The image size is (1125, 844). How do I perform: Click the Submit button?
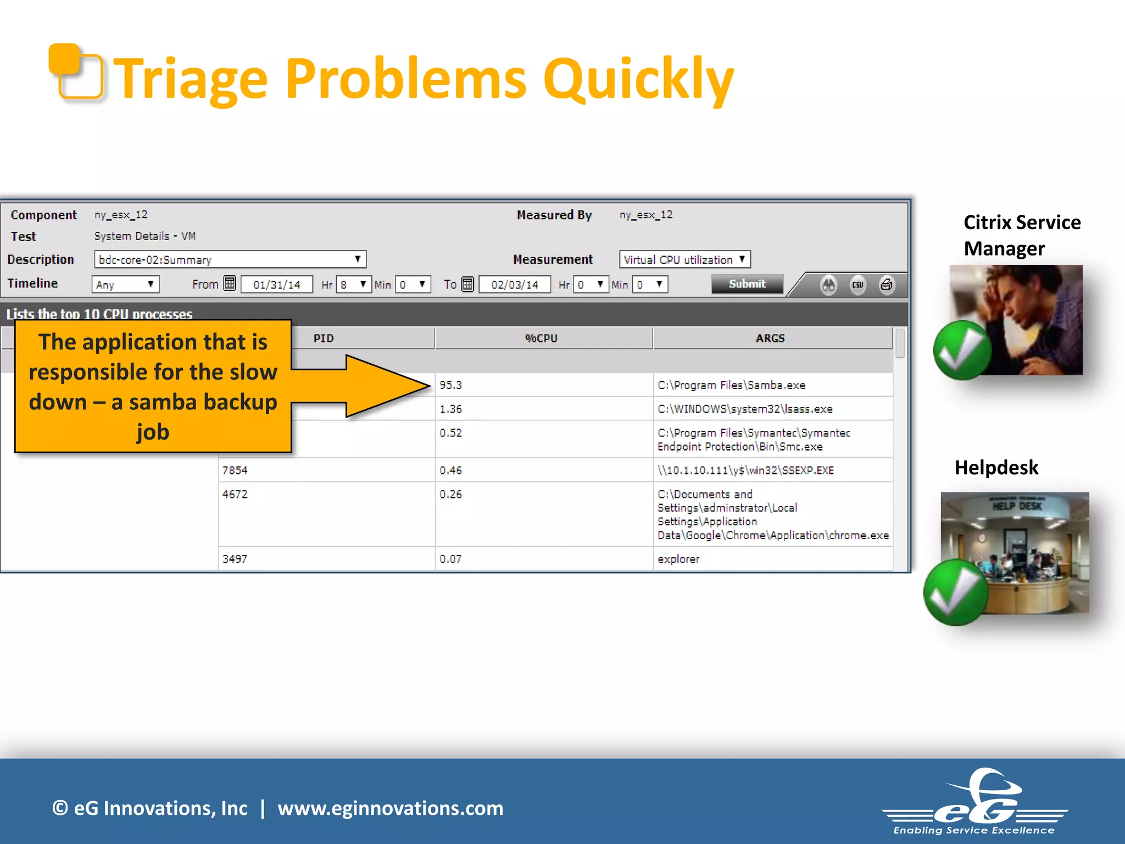747,284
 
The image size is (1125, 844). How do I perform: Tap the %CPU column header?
541,338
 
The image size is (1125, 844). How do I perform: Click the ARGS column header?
770,338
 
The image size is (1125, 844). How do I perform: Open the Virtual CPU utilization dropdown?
684,259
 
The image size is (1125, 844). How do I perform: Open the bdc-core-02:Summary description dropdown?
230,259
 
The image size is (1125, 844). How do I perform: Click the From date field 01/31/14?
277,285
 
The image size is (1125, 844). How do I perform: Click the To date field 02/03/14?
515,285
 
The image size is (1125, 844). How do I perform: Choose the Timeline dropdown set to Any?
125,285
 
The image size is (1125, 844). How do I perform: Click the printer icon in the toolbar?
886,285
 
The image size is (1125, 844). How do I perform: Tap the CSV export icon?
857,285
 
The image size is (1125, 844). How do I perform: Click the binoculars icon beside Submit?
828,285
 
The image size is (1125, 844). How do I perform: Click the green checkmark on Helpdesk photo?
956,592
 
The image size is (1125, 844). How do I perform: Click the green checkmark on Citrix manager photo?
962,351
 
